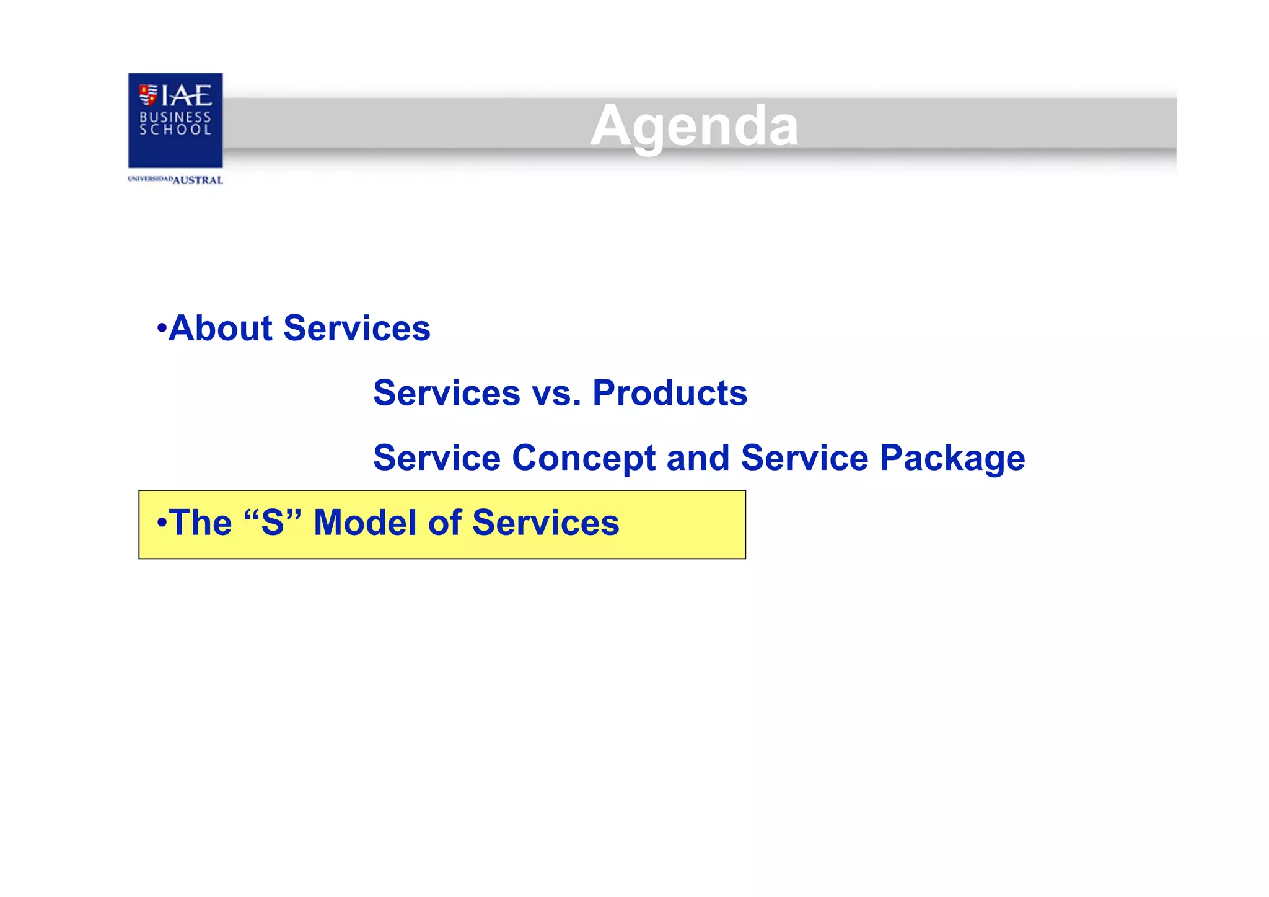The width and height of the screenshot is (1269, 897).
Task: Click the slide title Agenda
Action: pyautogui.click(x=694, y=126)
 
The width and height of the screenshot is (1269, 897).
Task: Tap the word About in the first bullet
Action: pyautogui.click(x=221, y=328)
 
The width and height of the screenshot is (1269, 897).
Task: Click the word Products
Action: pyautogui.click(x=670, y=393)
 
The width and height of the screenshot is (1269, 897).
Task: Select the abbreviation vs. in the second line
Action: pyautogui.click(x=556, y=393)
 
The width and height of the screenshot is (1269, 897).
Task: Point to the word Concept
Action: pyautogui.click(x=583, y=458)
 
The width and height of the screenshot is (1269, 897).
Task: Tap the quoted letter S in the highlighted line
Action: pyautogui.click(x=273, y=523)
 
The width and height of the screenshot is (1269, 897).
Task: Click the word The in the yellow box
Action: pyautogui.click(x=200, y=523)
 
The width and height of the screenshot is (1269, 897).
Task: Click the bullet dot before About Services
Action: pyautogui.click(x=162, y=328)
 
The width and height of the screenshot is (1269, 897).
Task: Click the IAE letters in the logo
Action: pyautogui.click(x=187, y=95)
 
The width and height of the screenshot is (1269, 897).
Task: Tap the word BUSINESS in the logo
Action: pyautogui.click(x=175, y=117)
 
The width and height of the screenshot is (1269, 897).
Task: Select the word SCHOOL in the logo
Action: pyautogui.click(x=175, y=130)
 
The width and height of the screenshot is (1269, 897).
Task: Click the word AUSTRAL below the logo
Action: pyautogui.click(x=198, y=180)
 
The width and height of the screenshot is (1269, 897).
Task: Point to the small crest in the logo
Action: pyautogui.click(x=148, y=95)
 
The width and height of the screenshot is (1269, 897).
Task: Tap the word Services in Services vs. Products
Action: pyautogui.click(x=447, y=393)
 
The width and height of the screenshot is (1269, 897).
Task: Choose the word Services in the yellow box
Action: pyautogui.click(x=545, y=523)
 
